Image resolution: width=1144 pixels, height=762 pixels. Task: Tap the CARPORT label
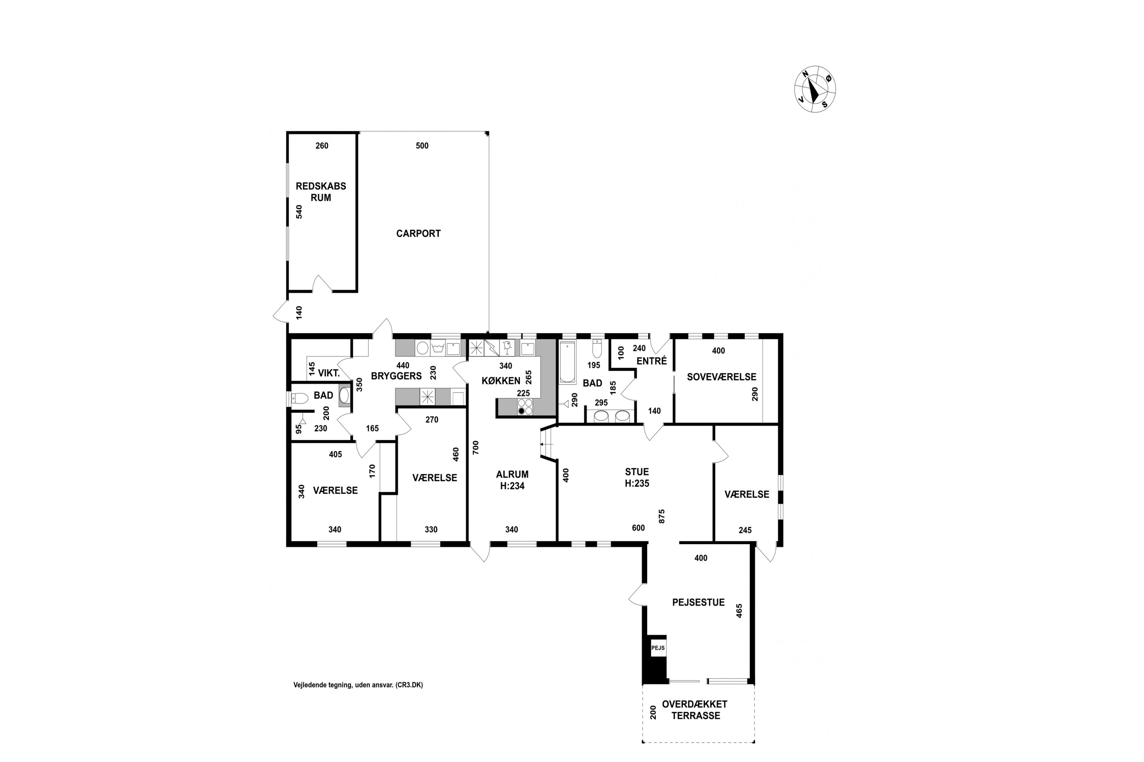418,234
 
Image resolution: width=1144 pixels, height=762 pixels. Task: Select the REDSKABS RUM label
321,192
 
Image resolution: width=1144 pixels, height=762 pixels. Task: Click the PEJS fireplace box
658,648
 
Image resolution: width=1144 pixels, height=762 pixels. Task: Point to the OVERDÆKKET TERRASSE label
695,709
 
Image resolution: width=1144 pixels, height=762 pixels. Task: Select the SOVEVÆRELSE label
721,377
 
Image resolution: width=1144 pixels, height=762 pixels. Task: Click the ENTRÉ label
652,361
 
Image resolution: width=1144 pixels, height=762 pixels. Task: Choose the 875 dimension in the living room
662,516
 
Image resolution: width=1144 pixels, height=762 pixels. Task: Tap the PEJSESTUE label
699,603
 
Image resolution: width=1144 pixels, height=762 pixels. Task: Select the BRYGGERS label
397,376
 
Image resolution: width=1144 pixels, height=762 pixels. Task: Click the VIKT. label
329,373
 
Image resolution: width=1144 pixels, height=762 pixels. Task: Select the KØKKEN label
501,381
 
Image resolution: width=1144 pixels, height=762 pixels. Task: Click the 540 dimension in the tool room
299,212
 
